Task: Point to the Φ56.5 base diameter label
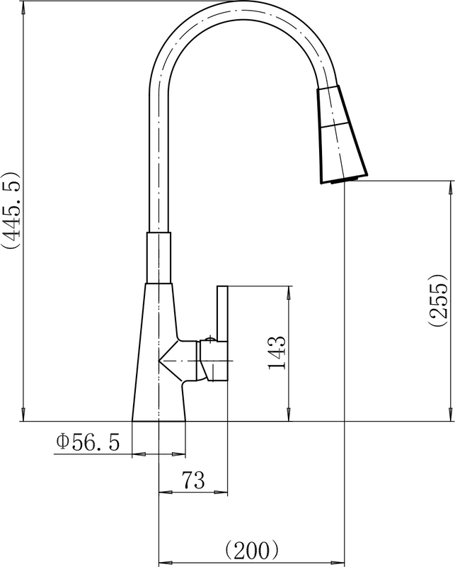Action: pos(88,442)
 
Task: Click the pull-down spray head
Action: pos(342,134)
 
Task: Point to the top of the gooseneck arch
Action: pos(234,6)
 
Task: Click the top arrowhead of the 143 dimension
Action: pos(289,291)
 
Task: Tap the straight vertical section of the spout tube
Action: pos(159,163)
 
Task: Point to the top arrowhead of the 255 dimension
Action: pos(450,186)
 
